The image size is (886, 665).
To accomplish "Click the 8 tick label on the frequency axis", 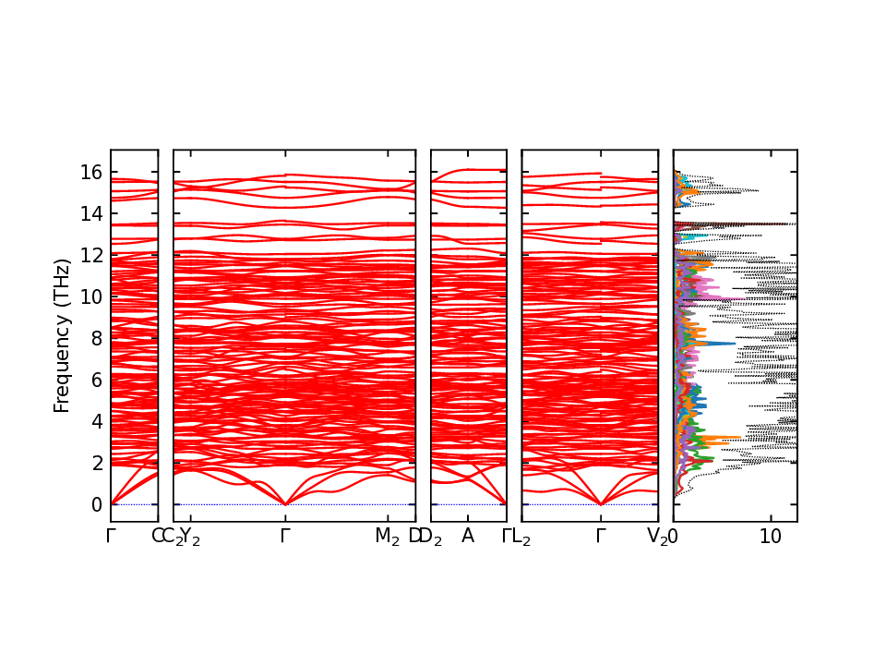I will pyautogui.click(x=96, y=339).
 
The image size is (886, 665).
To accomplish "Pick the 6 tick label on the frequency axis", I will pyautogui.click(x=96, y=381).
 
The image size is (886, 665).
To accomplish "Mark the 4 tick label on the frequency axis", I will pyautogui.click(x=96, y=422).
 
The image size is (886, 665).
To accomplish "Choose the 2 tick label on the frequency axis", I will pyautogui.click(x=96, y=464).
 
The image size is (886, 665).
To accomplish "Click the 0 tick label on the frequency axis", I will pyautogui.click(x=96, y=505).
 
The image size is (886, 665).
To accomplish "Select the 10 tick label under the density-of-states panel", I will pyautogui.click(x=771, y=537).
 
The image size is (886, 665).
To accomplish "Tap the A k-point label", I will pyautogui.click(x=468, y=537).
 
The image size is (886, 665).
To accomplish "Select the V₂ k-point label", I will pyautogui.click(x=657, y=537).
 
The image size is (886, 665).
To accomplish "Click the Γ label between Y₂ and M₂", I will pyautogui.click(x=286, y=537).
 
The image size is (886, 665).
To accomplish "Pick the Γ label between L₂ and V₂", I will pyautogui.click(x=601, y=537).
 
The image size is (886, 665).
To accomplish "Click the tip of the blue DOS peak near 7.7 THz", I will pyautogui.click(x=736, y=344).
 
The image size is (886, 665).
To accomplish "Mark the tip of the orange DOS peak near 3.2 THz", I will pyautogui.click(x=740, y=437).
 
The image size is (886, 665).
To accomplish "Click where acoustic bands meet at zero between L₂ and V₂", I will pyautogui.click(x=601, y=504).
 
